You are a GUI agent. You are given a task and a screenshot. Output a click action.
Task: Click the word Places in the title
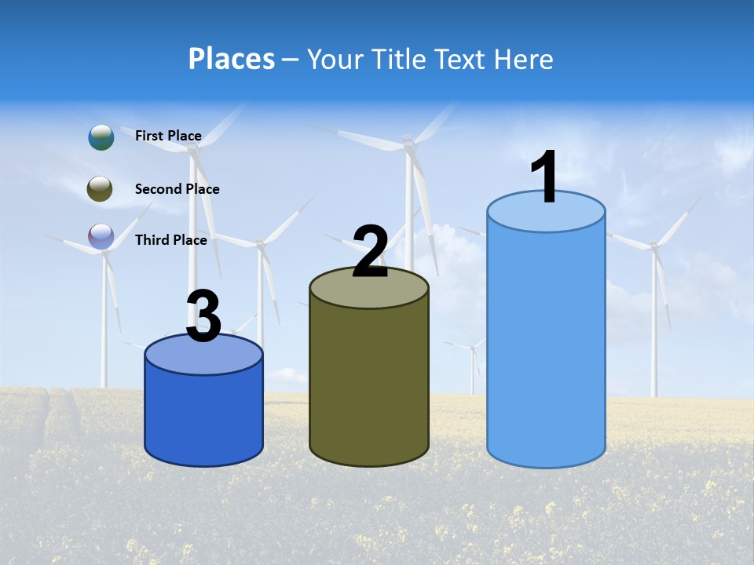click(x=232, y=59)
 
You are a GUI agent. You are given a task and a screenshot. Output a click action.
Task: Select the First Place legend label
click(x=168, y=136)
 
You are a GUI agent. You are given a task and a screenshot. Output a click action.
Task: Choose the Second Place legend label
click(x=177, y=189)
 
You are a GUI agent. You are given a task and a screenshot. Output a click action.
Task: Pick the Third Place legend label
click(x=170, y=240)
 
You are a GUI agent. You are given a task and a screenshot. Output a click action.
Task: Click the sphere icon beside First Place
click(x=101, y=137)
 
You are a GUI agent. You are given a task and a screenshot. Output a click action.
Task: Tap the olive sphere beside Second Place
click(x=100, y=189)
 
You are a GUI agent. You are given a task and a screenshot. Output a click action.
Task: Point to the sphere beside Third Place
click(x=101, y=236)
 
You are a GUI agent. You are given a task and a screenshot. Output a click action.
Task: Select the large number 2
click(x=370, y=252)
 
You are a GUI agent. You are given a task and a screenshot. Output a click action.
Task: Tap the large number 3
click(x=203, y=316)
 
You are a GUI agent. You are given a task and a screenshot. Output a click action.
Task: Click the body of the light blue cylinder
click(x=546, y=345)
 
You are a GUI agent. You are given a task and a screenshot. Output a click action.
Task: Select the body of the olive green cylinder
click(x=369, y=385)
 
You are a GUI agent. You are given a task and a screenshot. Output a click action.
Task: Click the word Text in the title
click(x=464, y=59)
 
